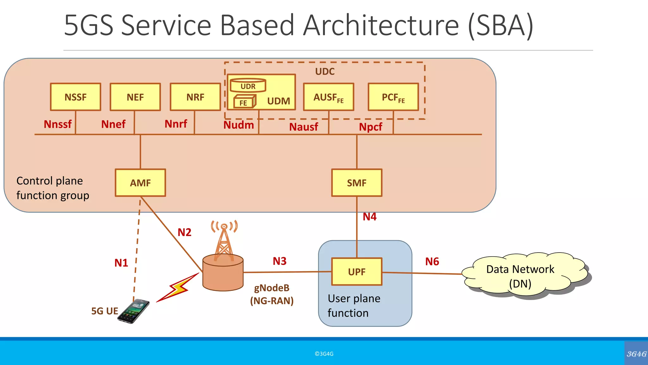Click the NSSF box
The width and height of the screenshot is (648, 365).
(76, 97)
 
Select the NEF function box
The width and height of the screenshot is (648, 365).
(135, 97)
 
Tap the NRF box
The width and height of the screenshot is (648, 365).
(195, 97)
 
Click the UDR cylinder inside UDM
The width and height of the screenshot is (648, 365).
(248, 86)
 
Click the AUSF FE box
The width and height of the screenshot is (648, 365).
(328, 97)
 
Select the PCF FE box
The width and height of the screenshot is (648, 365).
(393, 97)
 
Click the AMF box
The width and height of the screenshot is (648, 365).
(140, 183)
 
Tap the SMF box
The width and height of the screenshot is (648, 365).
(357, 183)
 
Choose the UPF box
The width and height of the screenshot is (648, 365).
(357, 272)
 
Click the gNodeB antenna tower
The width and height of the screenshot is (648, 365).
(224, 241)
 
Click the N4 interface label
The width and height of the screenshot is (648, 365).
(370, 217)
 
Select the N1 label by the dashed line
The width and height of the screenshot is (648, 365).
(121, 263)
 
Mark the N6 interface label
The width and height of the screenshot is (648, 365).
(432, 261)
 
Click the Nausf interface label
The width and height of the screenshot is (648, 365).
(303, 127)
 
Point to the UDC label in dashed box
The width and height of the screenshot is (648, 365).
(325, 71)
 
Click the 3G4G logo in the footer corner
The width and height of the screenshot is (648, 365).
(636, 354)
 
